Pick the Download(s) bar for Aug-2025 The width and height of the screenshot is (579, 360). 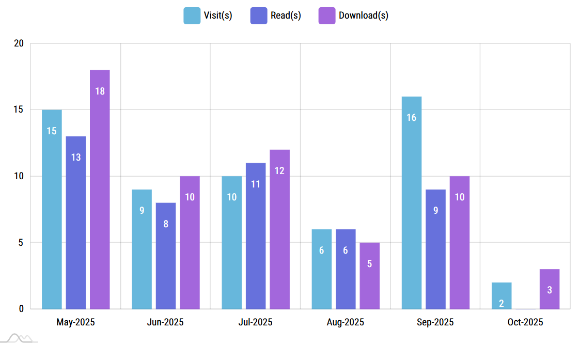(370, 276)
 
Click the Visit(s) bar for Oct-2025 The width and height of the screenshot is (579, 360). (502, 295)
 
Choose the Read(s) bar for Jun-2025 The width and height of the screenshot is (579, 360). (166, 256)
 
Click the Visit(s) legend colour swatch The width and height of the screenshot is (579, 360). (192, 15)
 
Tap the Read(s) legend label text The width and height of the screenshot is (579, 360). (286, 15)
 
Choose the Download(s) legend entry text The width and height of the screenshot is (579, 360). (364, 15)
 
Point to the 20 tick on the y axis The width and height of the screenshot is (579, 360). (19, 43)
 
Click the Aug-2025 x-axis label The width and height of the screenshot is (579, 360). (346, 323)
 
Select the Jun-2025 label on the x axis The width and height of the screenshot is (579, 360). (165, 323)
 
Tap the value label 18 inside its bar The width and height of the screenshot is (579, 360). (100, 91)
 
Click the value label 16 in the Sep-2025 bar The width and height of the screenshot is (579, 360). (412, 118)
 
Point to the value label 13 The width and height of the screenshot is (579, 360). (76, 158)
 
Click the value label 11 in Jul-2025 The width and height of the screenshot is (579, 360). (256, 184)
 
